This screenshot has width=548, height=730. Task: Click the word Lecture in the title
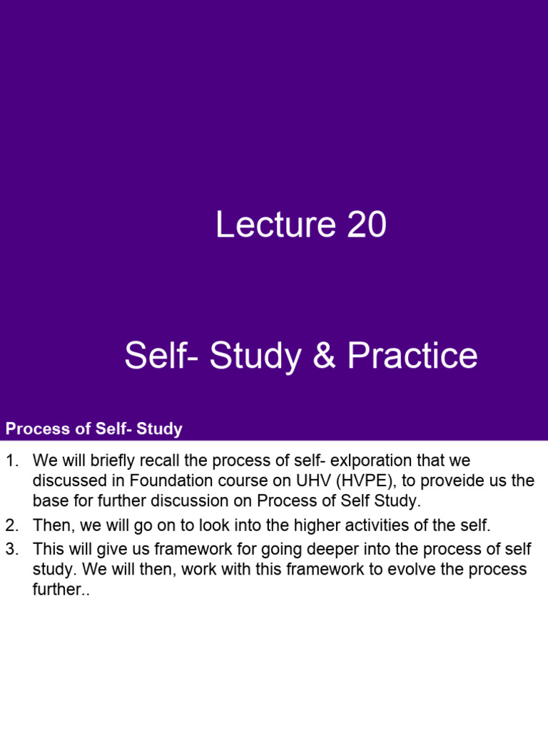(x=275, y=225)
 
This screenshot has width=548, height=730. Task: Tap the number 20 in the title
(x=367, y=225)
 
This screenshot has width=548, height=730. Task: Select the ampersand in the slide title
(x=324, y=356)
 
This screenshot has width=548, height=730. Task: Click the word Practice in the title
(x=412, y=356)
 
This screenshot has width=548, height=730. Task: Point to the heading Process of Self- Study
(x=94, y=429)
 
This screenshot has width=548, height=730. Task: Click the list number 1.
(x=11, y=461)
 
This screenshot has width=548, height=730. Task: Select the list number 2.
(x=11, y=526)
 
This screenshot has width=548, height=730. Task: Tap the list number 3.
(x=11, y=550)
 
